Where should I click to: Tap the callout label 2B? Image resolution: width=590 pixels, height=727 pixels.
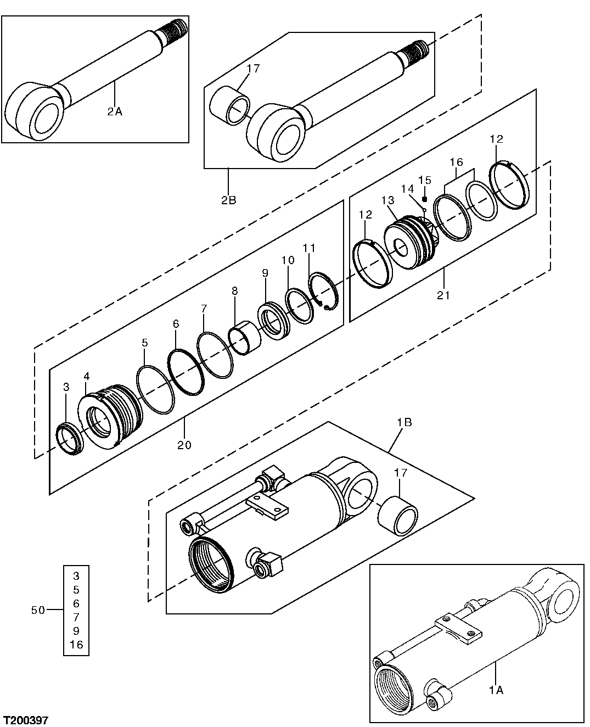pos(228,200)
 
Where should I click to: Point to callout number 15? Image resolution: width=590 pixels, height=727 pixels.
pos(425,180)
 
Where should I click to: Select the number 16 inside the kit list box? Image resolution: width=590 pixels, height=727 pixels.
pos(76,645)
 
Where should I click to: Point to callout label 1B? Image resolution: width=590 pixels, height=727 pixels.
pos(404,423)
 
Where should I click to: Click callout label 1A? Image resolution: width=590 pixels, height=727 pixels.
pos(496,690)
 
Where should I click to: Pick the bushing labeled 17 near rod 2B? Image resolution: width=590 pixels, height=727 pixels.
pos(231,104)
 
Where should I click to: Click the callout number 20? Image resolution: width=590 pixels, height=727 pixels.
pos(184,445)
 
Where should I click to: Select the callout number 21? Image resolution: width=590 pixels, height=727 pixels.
pos(443,295)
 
